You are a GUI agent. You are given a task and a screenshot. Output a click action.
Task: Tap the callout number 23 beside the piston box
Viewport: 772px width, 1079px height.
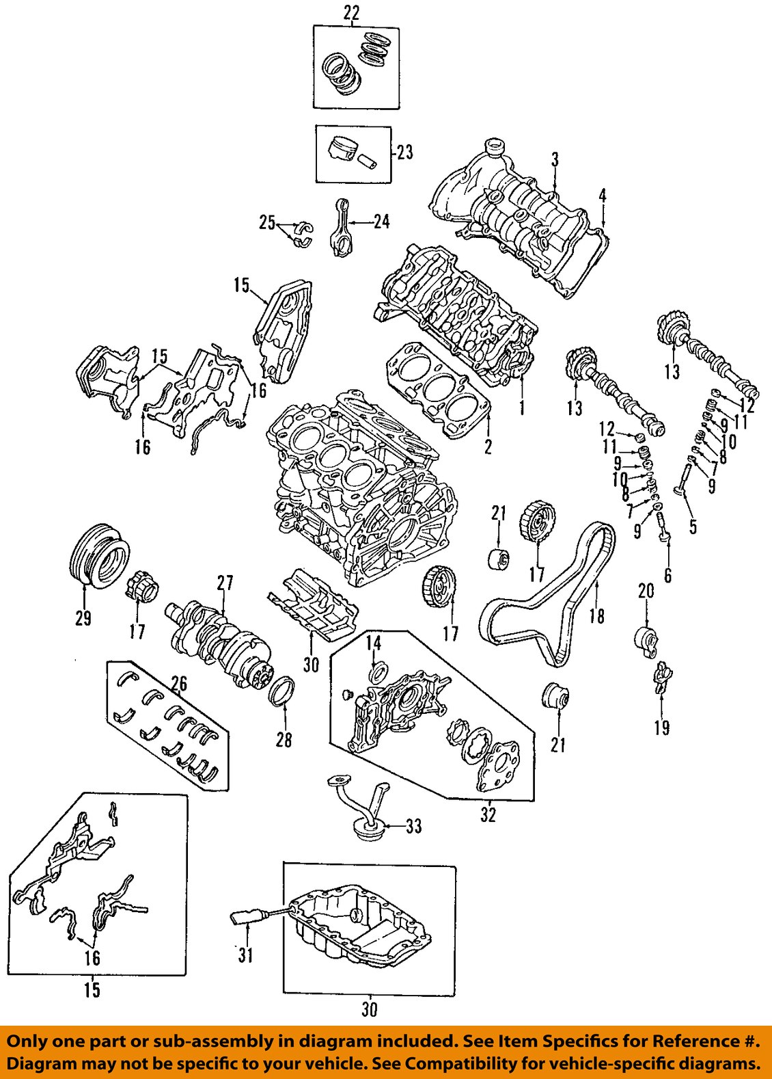[404, 152]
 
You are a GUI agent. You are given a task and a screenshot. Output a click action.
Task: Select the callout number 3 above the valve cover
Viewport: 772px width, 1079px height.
[555, 159]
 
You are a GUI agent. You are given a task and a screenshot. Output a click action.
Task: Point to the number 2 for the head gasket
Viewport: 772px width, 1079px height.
[488, 447]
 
